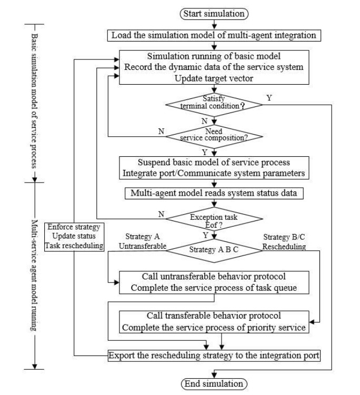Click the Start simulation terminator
tap(213, 13)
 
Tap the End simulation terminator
tap(213, 383)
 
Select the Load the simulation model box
tap(213, 36)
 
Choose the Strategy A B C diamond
tap(213, 250)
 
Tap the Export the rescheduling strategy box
tap(213, 355)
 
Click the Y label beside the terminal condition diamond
tap(269, 98)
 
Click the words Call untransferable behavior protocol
tap(213, 277)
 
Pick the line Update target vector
tap(213, 78)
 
